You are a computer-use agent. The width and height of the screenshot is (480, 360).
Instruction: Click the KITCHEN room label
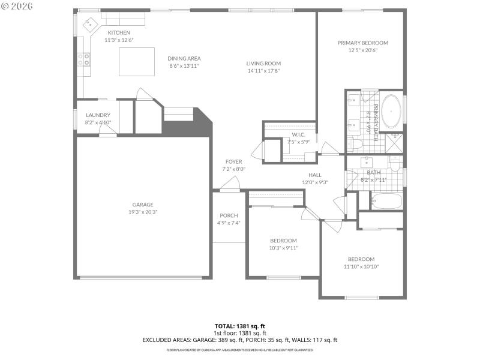pyautogui.click(x=119, y=32)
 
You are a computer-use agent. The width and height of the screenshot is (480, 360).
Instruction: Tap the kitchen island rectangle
pyautogui.click(x=132, y=62)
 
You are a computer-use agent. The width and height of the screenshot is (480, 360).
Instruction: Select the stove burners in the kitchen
pyautogui.click(x=85, y=59)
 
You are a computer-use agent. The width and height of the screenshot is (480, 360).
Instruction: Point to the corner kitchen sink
pyautogui.click(x=90, y=24)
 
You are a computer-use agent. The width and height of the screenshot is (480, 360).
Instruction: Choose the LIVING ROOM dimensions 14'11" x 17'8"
pyautogui.click(x=263, y=71)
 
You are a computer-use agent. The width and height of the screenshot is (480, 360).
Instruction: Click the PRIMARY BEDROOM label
pyautogui.click(x=362, y=43)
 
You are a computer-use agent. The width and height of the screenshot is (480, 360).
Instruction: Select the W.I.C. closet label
pyautogui.click(x=299, y=134)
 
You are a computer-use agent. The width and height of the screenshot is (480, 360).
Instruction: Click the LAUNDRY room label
pyautogui.click(x=98, y=115)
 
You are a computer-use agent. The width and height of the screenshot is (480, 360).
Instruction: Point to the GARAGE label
pyautogui.click(x=143, y=204)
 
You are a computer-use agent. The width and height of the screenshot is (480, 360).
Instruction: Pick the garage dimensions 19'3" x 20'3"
pyautogui.click(x=143, y=212)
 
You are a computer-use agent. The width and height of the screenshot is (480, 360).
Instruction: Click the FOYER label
pyautogui.click(x=233, y=161)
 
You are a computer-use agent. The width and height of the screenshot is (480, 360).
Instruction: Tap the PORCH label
pyautogui.click(x=229, y=215)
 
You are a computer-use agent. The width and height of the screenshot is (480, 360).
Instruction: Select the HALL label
pyautogui.click(x=315, y=175)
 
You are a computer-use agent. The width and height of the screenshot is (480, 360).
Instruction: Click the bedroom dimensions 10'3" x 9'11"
pyautogui.click(x=283, y=248)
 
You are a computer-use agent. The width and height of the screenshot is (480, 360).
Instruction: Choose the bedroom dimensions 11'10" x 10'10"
pyautogui.click(x=361, y=266)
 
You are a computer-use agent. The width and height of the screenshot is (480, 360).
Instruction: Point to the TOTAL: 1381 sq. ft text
pyautogui.click(x=240, y=326)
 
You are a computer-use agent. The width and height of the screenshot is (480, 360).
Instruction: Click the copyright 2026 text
pyautogui.click(x=17, y=6)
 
